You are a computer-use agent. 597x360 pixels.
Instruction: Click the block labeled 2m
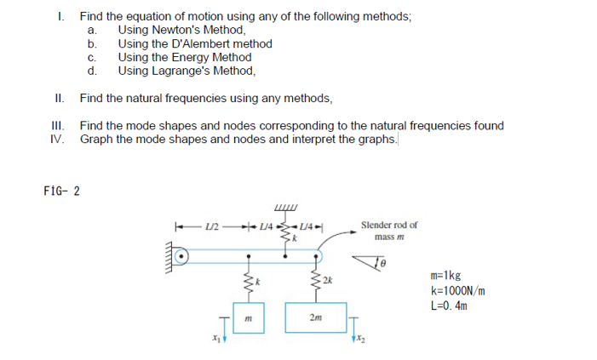coord(318,319)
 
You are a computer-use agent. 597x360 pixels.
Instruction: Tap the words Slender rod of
coord(389,225)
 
